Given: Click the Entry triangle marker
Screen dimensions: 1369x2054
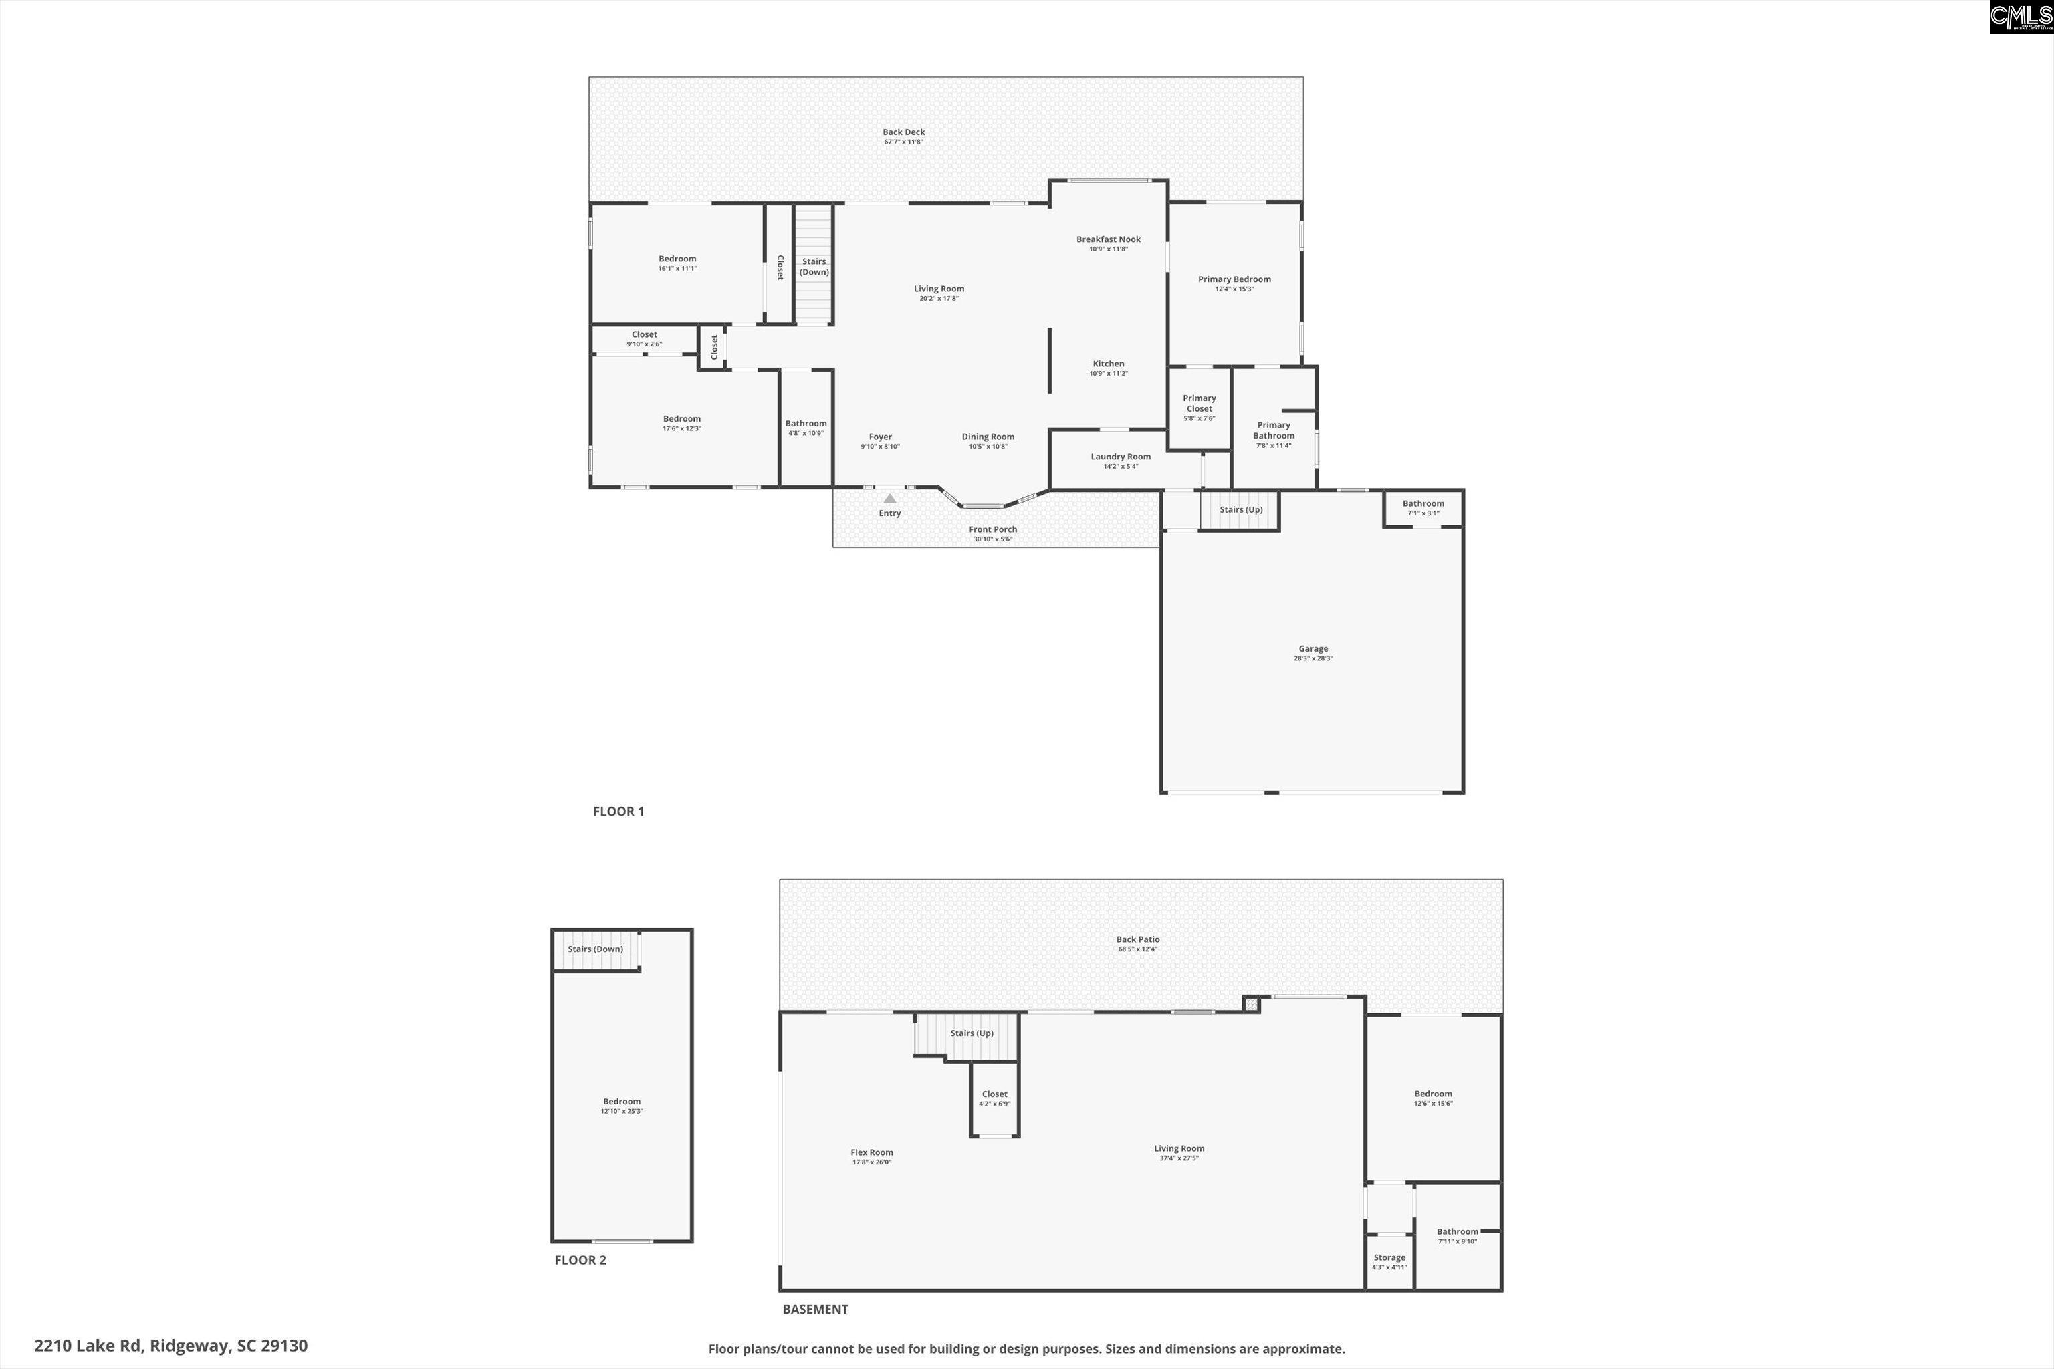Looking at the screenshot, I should tap(889, 499).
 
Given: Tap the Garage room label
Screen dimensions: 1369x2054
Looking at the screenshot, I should tap(1313, 648).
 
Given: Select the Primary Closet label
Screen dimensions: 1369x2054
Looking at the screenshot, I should tap(1199, 403).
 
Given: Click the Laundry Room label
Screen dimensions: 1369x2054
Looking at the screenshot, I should tap(1121, 457).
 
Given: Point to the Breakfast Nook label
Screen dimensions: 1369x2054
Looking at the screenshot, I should tap(1108, 239).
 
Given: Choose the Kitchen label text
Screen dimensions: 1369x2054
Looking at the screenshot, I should tap(1108, 363).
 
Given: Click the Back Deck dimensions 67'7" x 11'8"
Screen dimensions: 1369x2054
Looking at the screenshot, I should tap(903, 142).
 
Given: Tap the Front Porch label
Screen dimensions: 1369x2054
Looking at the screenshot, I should tap(993, 529).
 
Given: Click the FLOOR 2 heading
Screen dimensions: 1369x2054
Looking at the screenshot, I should tap(580, 1260).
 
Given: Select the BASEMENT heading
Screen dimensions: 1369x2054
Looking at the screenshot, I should tap(815, 1309).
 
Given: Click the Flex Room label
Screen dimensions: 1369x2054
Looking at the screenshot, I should tap(872, 1152).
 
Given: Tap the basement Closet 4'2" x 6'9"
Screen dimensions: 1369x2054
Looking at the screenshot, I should tap(995, 1098).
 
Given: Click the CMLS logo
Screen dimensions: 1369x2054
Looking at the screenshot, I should tap(2021, 17).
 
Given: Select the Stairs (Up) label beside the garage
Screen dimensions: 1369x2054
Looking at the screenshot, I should tap(1241, 510).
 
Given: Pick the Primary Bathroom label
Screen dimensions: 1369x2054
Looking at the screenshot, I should tap(1273, 430).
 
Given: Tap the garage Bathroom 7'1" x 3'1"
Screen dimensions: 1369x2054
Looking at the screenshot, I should tap(1423, 507).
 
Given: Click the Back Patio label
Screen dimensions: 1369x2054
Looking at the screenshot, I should tap(1137, 939).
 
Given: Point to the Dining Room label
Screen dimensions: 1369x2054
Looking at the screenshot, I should tap(988, 437).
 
